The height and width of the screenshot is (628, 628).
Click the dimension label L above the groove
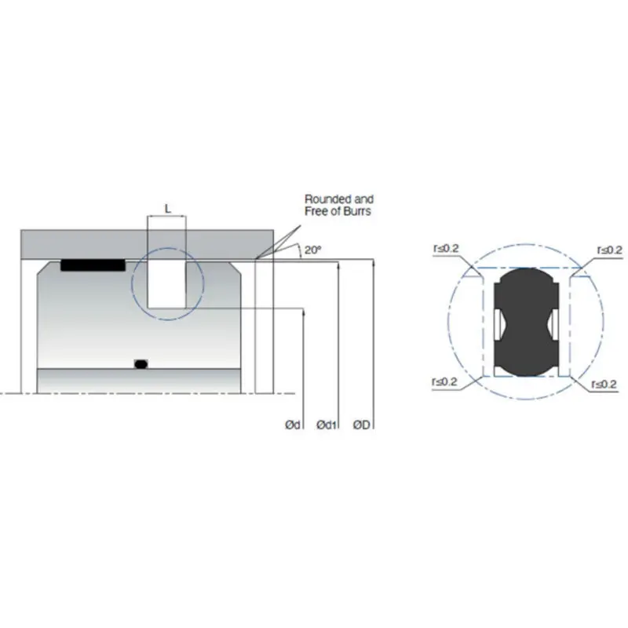167,208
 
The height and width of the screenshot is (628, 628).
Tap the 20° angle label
313,250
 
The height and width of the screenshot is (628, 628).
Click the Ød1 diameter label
327,425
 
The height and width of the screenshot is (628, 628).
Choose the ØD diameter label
363,425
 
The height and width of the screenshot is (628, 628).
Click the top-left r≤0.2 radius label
445,250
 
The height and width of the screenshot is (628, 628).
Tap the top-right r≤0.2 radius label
608,250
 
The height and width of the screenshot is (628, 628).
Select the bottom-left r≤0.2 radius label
445,382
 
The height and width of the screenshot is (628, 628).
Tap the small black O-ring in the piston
141,363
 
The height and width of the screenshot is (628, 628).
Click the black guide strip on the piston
93,265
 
